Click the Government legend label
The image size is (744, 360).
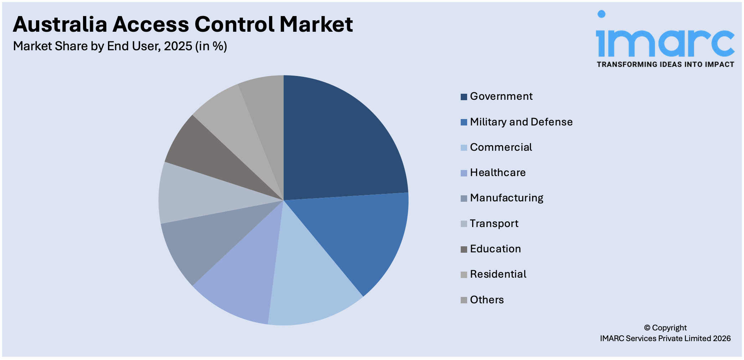[501, 96]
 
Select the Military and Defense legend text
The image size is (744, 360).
[521, 122]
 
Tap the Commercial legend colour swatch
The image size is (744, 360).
[464, 148]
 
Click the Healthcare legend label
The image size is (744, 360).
[497, 173]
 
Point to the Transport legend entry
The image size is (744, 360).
[494, 223]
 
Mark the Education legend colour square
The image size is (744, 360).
[464, 249]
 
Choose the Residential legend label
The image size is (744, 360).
[498, 274]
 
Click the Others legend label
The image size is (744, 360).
[486, 300]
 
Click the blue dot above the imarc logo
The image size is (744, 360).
[601, 14]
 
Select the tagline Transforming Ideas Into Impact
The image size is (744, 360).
[665, 65]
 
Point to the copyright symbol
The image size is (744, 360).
[647, 328]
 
